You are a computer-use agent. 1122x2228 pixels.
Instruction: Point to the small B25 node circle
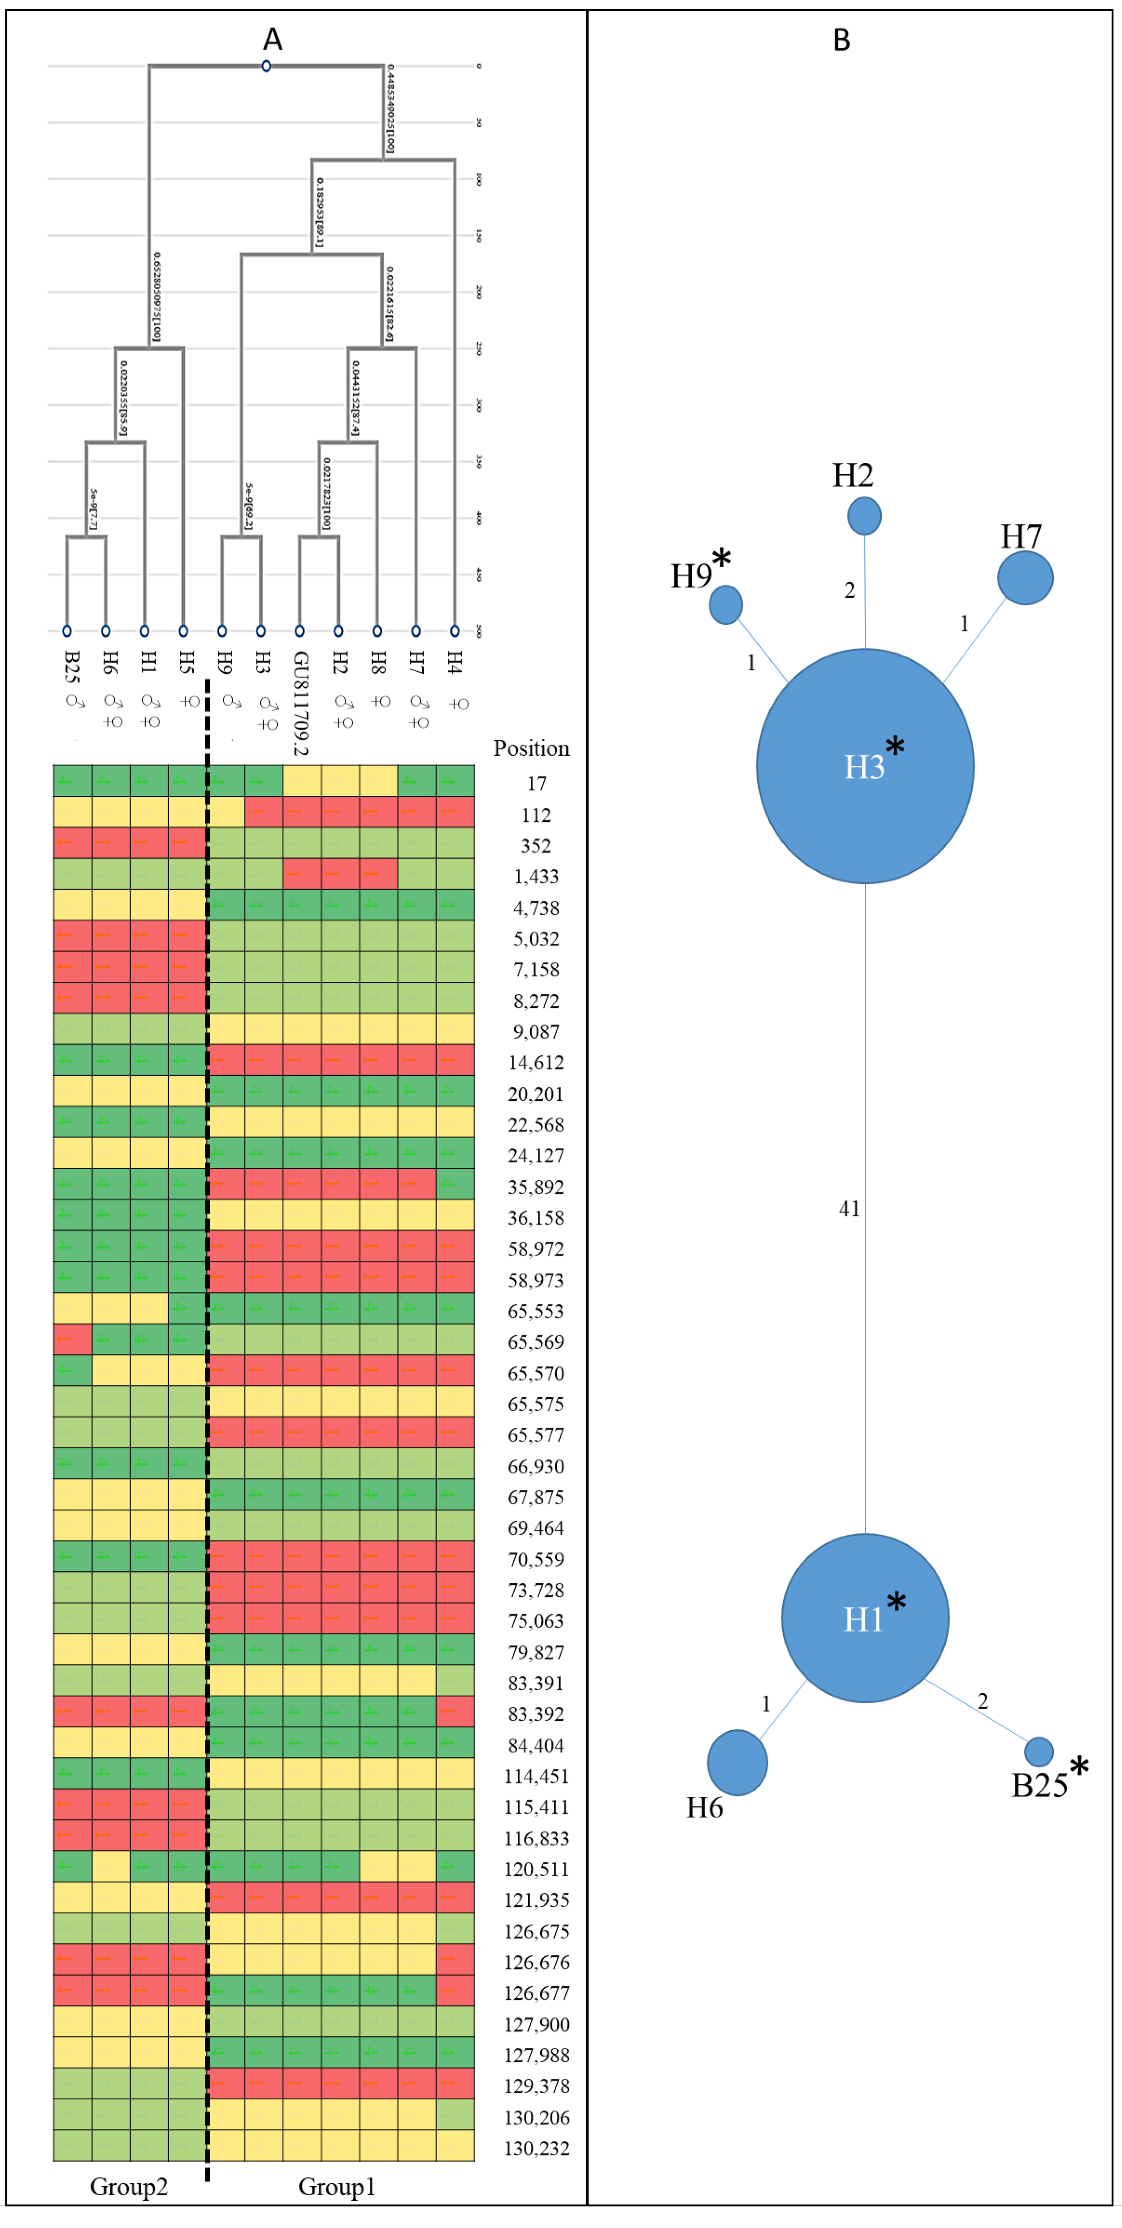tap(1038, 1752)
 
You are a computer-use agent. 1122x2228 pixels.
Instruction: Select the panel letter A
tap(273, 39)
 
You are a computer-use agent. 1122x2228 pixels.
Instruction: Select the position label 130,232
tap(536, 2148)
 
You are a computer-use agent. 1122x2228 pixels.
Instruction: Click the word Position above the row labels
tap(531, 748)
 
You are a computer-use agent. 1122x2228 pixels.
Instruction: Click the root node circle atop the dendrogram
tap(266, 66)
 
